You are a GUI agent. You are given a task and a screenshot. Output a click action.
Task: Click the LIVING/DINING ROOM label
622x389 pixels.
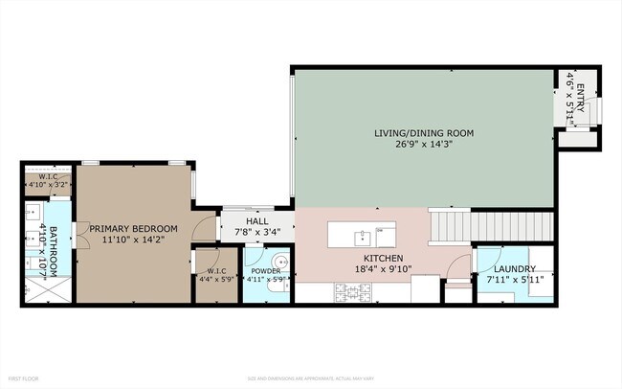pos(423,132)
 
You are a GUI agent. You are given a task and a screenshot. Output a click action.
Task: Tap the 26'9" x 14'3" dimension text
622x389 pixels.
pos(423,145)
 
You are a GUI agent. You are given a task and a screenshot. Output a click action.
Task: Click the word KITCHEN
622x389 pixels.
pos(383,259)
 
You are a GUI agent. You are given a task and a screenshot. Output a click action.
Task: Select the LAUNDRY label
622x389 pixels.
pos(516,270)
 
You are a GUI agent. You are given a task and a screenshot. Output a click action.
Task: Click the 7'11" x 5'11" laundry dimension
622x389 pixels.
pos(516,281)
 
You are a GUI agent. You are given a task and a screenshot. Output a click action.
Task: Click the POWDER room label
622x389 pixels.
pos(266,271)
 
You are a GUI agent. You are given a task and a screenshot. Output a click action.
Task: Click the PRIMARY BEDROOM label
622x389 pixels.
pos(134,228)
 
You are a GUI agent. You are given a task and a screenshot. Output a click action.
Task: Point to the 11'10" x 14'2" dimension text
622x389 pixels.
pos(134,240)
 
